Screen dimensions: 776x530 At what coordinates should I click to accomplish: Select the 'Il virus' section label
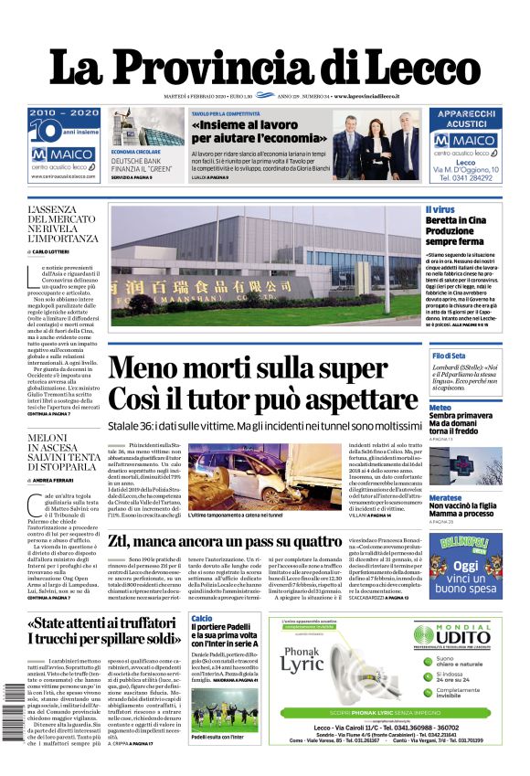440,210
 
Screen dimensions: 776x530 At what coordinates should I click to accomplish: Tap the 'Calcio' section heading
202,619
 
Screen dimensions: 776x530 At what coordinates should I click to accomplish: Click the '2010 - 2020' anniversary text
64,112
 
